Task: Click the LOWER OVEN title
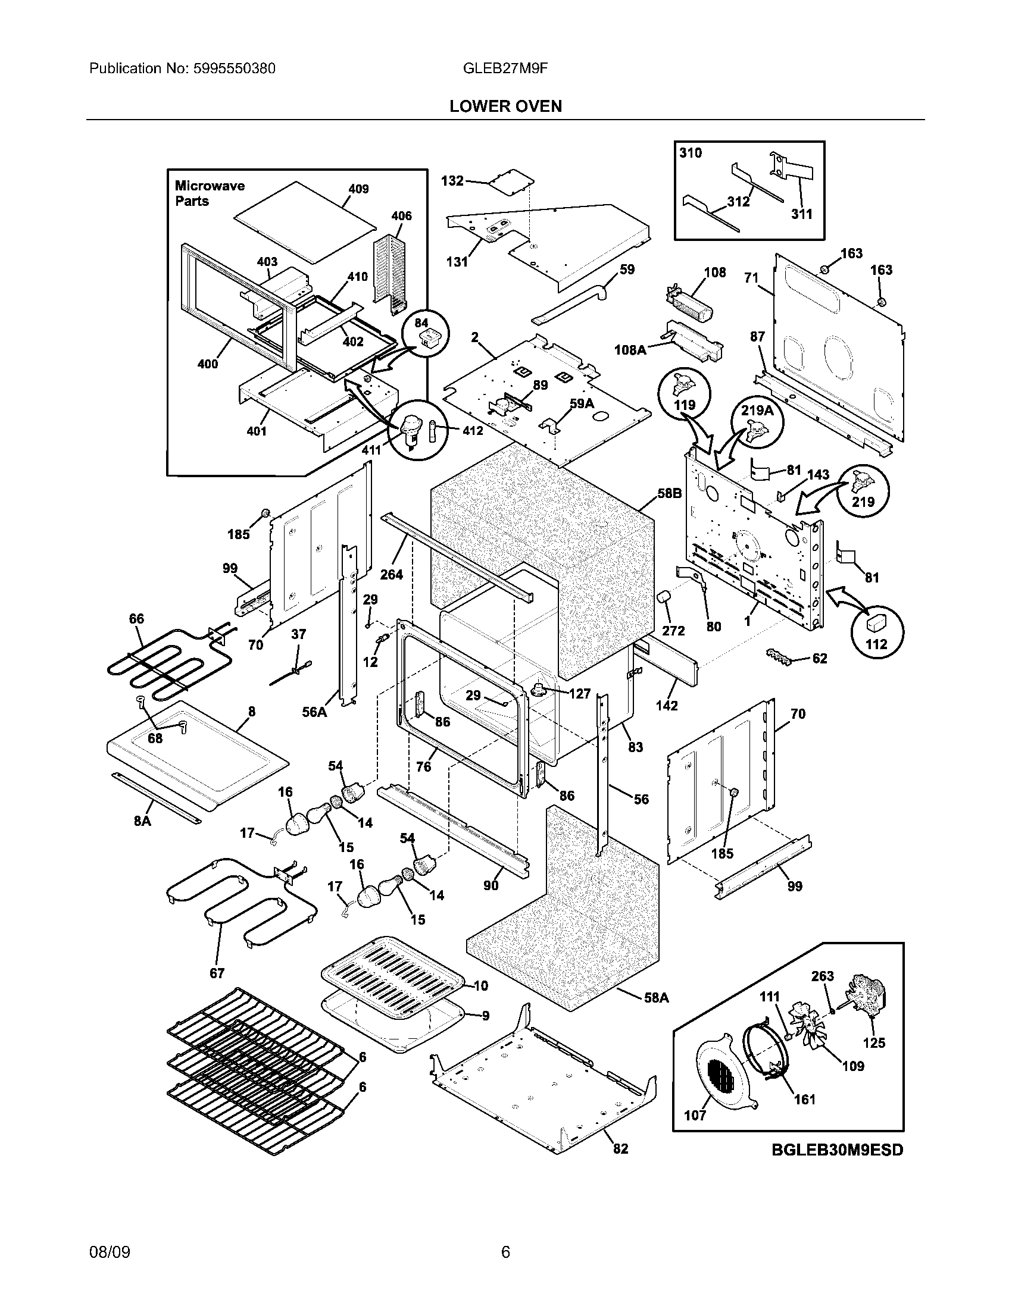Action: [505, 106]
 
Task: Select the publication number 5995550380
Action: [234, 68]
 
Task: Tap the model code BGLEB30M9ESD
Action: [837, 1150]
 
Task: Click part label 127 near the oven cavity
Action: [579, 693]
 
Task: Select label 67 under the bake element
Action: [217, 973]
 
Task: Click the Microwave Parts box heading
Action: [209, 193]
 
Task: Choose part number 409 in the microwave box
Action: [358, 189]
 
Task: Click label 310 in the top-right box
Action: [690, 153]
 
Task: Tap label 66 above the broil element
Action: [137, 618]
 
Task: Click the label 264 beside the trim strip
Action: [391, 574]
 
